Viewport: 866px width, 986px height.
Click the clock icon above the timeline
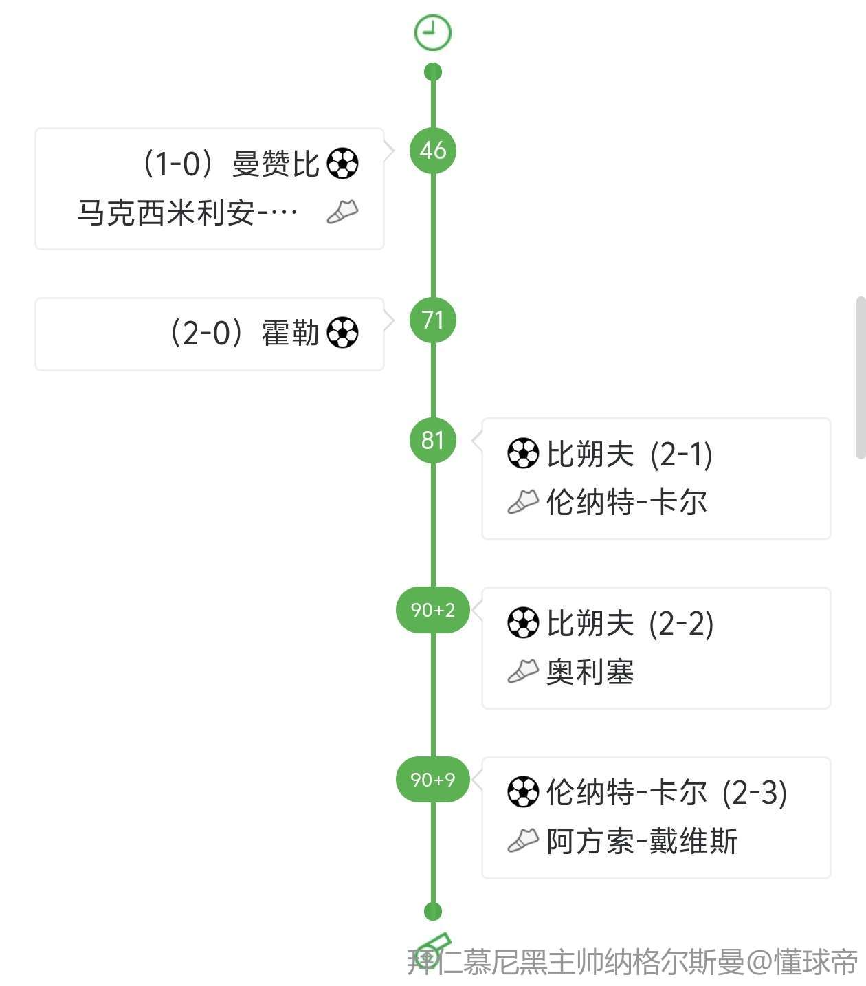coord(432,32)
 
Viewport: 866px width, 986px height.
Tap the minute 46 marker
coord(432,150)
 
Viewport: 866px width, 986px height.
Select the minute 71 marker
coord(432,320)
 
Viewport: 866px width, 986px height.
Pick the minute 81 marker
coord(432,440)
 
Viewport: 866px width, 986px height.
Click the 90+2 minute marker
coord(432,610)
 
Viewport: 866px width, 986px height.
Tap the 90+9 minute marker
coord(432,779)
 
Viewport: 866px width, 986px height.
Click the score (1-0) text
coord(180,164)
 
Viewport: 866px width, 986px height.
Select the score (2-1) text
coord(680,454)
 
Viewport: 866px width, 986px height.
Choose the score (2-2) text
coord(680,624)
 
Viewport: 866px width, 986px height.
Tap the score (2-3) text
coord(754,793)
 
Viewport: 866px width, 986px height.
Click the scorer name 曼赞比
coord(276,164)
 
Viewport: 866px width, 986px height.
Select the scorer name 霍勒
coord(290,333)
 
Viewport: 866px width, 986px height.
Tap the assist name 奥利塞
coord(590,672)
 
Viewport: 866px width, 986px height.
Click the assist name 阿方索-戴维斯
coord(641,841)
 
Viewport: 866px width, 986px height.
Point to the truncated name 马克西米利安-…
coord(187,212)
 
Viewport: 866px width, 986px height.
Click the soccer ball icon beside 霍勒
coord(342,333)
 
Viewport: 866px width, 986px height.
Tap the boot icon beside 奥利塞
coord(523,671)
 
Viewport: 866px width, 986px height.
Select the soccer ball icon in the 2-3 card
coord(523,792)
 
